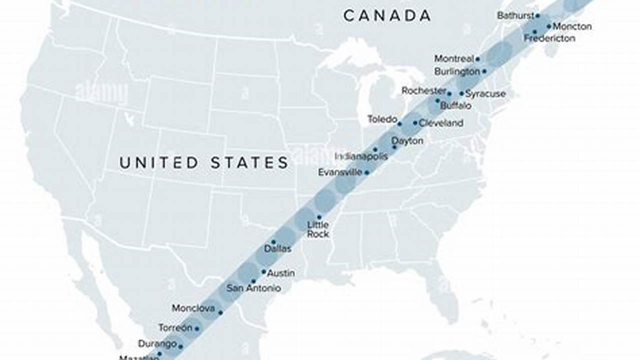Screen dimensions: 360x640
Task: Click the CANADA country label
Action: pos(387,15)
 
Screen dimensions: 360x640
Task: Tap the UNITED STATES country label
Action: pos(204,162)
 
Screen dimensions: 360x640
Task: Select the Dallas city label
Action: pos(278,248)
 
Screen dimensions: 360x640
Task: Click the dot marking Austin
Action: pos(264,272)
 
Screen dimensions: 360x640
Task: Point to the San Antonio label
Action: pos(254,288)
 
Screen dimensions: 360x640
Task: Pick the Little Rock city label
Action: pos(318,229)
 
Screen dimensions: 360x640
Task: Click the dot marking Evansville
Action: pos(367,172)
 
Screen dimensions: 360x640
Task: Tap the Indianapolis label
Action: pos(361,156)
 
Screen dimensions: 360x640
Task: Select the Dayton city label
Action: pos(407,141)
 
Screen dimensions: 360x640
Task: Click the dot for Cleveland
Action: pos(415,122)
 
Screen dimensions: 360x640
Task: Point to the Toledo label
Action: pos(382,119)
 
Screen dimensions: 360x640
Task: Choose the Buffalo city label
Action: pos(455,106)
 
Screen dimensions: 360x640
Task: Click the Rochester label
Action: pos(424,91)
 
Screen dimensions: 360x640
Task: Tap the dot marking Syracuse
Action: pos(461,93)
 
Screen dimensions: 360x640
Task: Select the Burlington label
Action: pos(457,71)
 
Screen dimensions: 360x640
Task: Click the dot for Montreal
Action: pos(478,59)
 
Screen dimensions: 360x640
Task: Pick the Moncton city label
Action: pos(572,26)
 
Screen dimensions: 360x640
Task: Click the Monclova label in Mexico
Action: pos(193,308)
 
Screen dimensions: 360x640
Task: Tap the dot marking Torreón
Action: pos(197,328)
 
